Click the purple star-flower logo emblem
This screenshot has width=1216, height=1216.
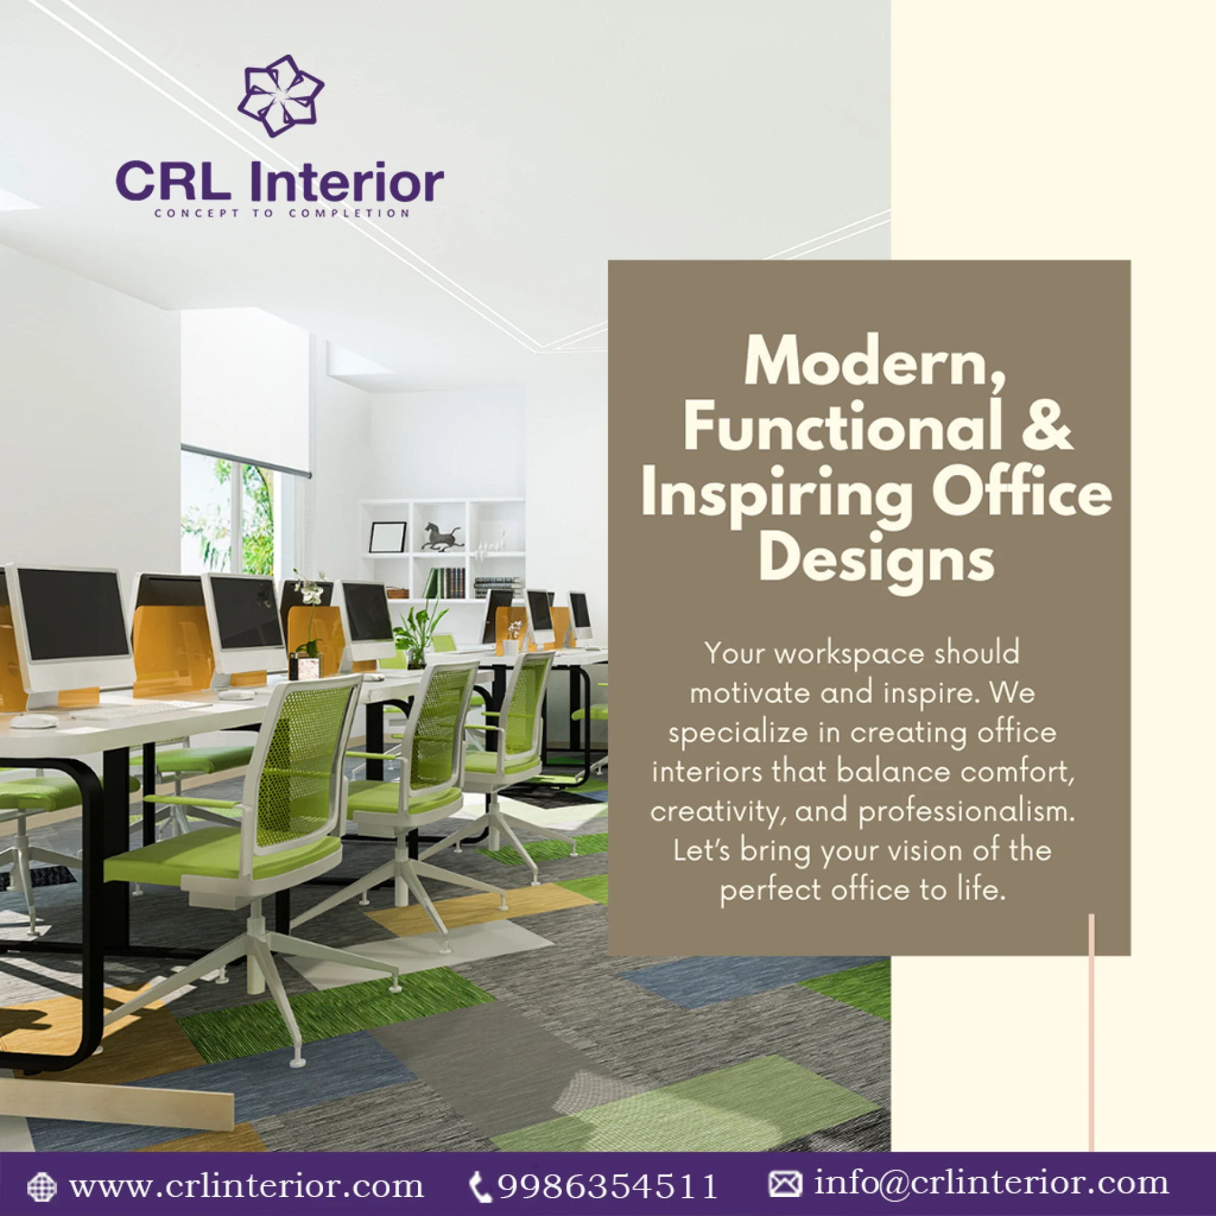pyautogui.click(x=281, y=96)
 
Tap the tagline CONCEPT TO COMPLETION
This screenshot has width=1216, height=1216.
pyautogui.click(x=282, y=213)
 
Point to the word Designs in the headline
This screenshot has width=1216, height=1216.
pyautogui.click(x=877, y=559)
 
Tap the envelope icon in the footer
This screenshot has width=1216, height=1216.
pyautogui.click(x=785, y=1183)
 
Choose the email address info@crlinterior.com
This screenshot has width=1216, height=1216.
pyautogui.click(x=991, y=1182)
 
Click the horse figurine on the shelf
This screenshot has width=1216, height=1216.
pyautogui.click(x=441, y=536)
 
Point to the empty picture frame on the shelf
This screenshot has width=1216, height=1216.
pyautogui.click(x=387, y=537)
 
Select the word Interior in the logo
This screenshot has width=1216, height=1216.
pyautogui.click(x=347, y=182)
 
